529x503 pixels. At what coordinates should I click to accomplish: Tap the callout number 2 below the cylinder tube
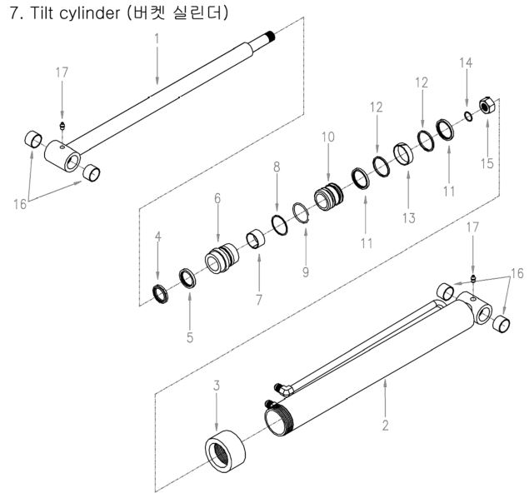click(x=384, y=425)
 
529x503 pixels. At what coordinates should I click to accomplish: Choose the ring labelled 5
click(x=188, y=278)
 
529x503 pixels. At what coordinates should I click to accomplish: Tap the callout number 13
click(x=409, y=206)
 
